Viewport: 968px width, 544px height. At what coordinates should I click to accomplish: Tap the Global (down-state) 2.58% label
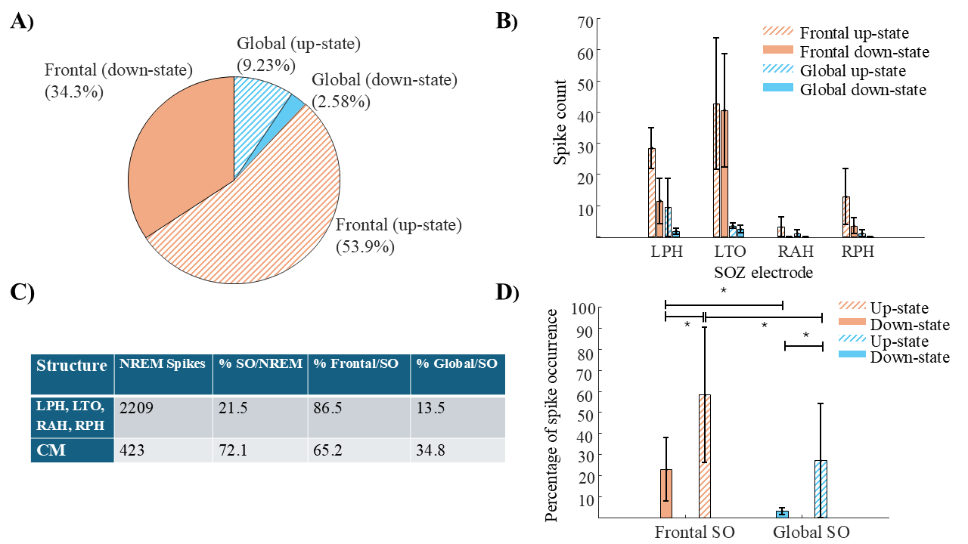click(384, 89)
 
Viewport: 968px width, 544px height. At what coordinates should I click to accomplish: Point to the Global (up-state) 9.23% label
click(298, 54)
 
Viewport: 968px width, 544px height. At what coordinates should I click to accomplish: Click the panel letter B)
click(507, 22)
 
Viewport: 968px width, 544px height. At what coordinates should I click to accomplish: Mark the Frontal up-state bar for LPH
click(651, 193)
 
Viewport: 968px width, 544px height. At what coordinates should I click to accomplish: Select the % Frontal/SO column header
click(356, 363)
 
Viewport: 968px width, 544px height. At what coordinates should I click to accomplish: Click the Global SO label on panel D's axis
click(811, 532)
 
